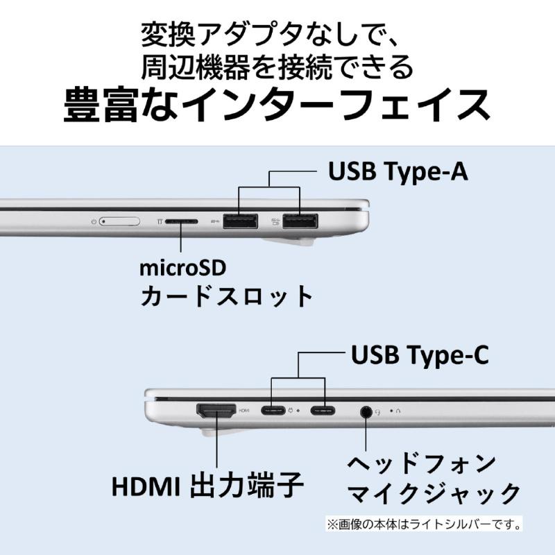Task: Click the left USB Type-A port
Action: point(240,221)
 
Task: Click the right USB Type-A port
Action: point(300,221)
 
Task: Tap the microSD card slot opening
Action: point(181,221)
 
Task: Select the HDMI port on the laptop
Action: point(216,411)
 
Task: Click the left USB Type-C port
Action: point(273,411)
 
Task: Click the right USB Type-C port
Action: point(323,411)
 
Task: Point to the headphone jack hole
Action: point(366,411)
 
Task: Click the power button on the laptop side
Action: point(119,221)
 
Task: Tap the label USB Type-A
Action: point(398,171)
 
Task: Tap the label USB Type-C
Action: point(420,355)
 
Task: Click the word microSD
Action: point(182,268)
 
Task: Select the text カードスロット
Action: point(226,296)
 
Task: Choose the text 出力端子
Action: point(247,485)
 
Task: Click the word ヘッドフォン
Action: point(422,463)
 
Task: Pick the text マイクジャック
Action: point(434,493)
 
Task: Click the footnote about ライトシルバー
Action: point(424,524)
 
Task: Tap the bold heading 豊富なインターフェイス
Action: point(277,105)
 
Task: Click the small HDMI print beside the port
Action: point(244,411)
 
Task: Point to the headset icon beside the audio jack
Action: point(378,412)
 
